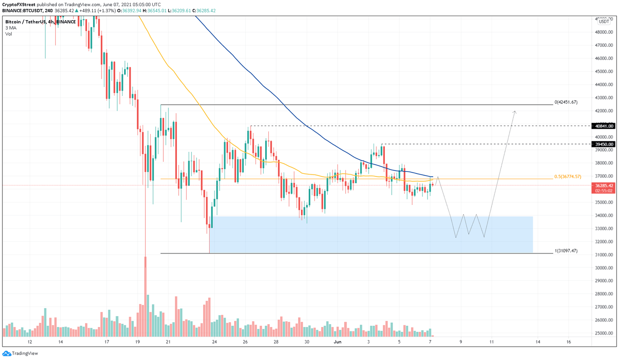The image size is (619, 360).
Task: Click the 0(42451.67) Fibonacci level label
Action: (566, 102)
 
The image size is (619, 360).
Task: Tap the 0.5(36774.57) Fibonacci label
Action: (567, 176)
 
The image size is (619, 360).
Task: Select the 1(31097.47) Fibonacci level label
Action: (566, 251)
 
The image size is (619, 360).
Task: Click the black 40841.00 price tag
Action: (603, 126)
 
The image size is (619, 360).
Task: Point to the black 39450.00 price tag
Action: (603, 144)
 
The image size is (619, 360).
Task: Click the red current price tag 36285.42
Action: (603, 186)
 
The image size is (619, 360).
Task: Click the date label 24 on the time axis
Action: (214, 342)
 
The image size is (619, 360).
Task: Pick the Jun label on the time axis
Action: (338, 342)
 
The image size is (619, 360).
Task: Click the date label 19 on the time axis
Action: (137, 342)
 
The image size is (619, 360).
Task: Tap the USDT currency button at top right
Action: (604, 22)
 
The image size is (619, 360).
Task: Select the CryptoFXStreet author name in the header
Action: (19, 5)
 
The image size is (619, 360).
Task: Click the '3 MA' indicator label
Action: (11, 28)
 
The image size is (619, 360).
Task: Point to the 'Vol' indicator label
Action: (8, 34)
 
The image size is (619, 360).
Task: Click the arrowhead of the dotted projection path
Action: (515, 112)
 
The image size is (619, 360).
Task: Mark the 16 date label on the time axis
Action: (569, 342)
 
